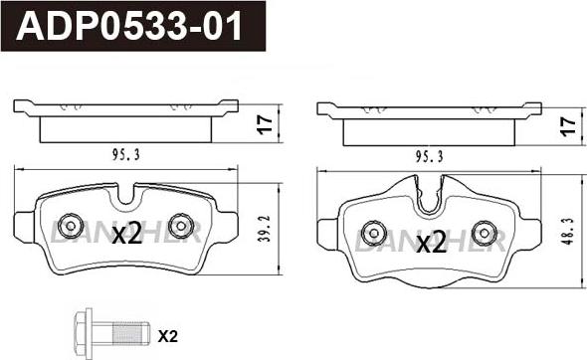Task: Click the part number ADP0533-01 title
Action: [x=129, y=26]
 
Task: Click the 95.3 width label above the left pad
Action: [x=126, y=155]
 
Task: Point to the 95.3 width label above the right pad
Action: [x=429, y=156]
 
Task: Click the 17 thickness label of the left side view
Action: [x=265, y=124]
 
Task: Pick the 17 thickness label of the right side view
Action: [x=567, y=126]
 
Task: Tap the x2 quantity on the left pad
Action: [x=127, y=233]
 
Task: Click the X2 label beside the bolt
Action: [x=168, y=337]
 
